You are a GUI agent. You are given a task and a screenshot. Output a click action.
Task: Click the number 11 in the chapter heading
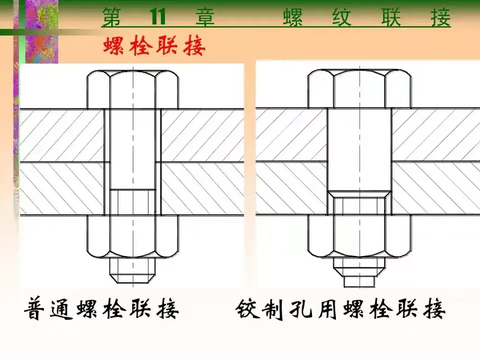click(157, 17)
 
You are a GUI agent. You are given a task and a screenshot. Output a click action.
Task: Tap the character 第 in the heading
click(112, 17)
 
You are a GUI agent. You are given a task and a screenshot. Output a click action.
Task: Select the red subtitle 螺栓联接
click(154, 46)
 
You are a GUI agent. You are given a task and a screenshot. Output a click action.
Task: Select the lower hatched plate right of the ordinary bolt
click(202, 189)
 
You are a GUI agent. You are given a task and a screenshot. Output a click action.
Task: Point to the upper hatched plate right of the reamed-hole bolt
click(432, 135)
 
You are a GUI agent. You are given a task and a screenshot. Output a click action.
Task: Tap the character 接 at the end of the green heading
click(440, 17)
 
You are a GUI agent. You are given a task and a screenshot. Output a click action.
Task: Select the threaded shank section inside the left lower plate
click(133, 202)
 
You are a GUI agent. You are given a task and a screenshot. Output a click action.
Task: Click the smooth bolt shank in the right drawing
click(359, 150)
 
